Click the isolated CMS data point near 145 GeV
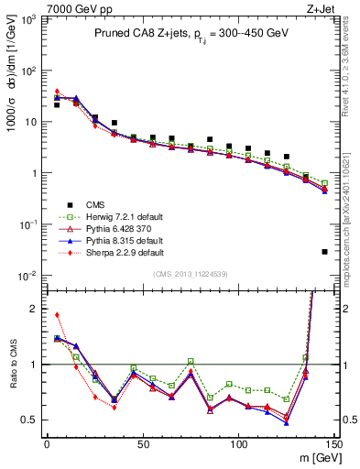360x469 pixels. click(325, 251)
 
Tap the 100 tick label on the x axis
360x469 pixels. click(238, 443)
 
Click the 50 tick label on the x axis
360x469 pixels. click(142, 443)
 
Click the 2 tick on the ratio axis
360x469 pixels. click(34, 309)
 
